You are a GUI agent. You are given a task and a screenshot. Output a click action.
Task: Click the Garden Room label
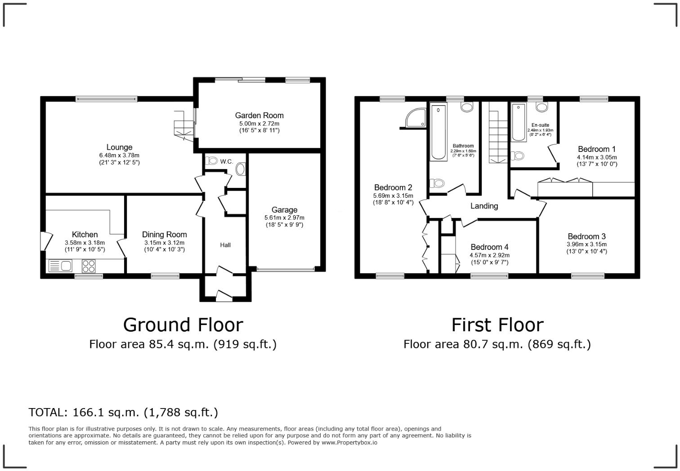(259, 116)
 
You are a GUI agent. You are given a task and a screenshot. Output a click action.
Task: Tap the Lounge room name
(119, 147)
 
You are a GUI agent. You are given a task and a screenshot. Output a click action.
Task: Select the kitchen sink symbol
(60, 266)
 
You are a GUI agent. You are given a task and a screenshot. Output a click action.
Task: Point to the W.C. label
(226, 161)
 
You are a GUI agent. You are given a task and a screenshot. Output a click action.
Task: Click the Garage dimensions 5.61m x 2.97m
(284, 218)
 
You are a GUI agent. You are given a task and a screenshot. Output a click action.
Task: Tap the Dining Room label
(164, 235)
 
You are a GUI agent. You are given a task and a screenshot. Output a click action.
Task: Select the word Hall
(225, 245)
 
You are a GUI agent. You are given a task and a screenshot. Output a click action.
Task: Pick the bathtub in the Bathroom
(438, 132)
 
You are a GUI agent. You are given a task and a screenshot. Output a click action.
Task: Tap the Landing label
(484, 206)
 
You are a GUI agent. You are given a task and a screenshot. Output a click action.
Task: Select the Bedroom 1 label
(597, 149)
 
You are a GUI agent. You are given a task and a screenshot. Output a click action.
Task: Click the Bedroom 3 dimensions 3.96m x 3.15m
(586, 244)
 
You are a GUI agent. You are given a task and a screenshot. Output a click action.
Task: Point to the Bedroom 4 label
(489, 247)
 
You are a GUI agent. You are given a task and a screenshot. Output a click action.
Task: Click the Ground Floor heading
(183, 324)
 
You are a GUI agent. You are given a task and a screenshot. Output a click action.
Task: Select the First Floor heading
(497, 324)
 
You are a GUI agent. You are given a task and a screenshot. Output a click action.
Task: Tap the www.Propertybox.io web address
(349, 443)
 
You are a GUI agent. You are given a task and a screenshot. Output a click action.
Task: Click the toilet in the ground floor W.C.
(241, 169)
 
